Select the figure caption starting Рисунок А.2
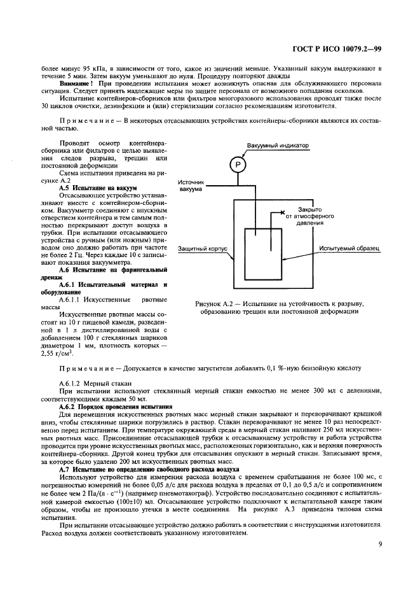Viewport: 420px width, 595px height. click(x=283, y=307)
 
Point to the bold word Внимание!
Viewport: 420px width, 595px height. click(x=76, y=83)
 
